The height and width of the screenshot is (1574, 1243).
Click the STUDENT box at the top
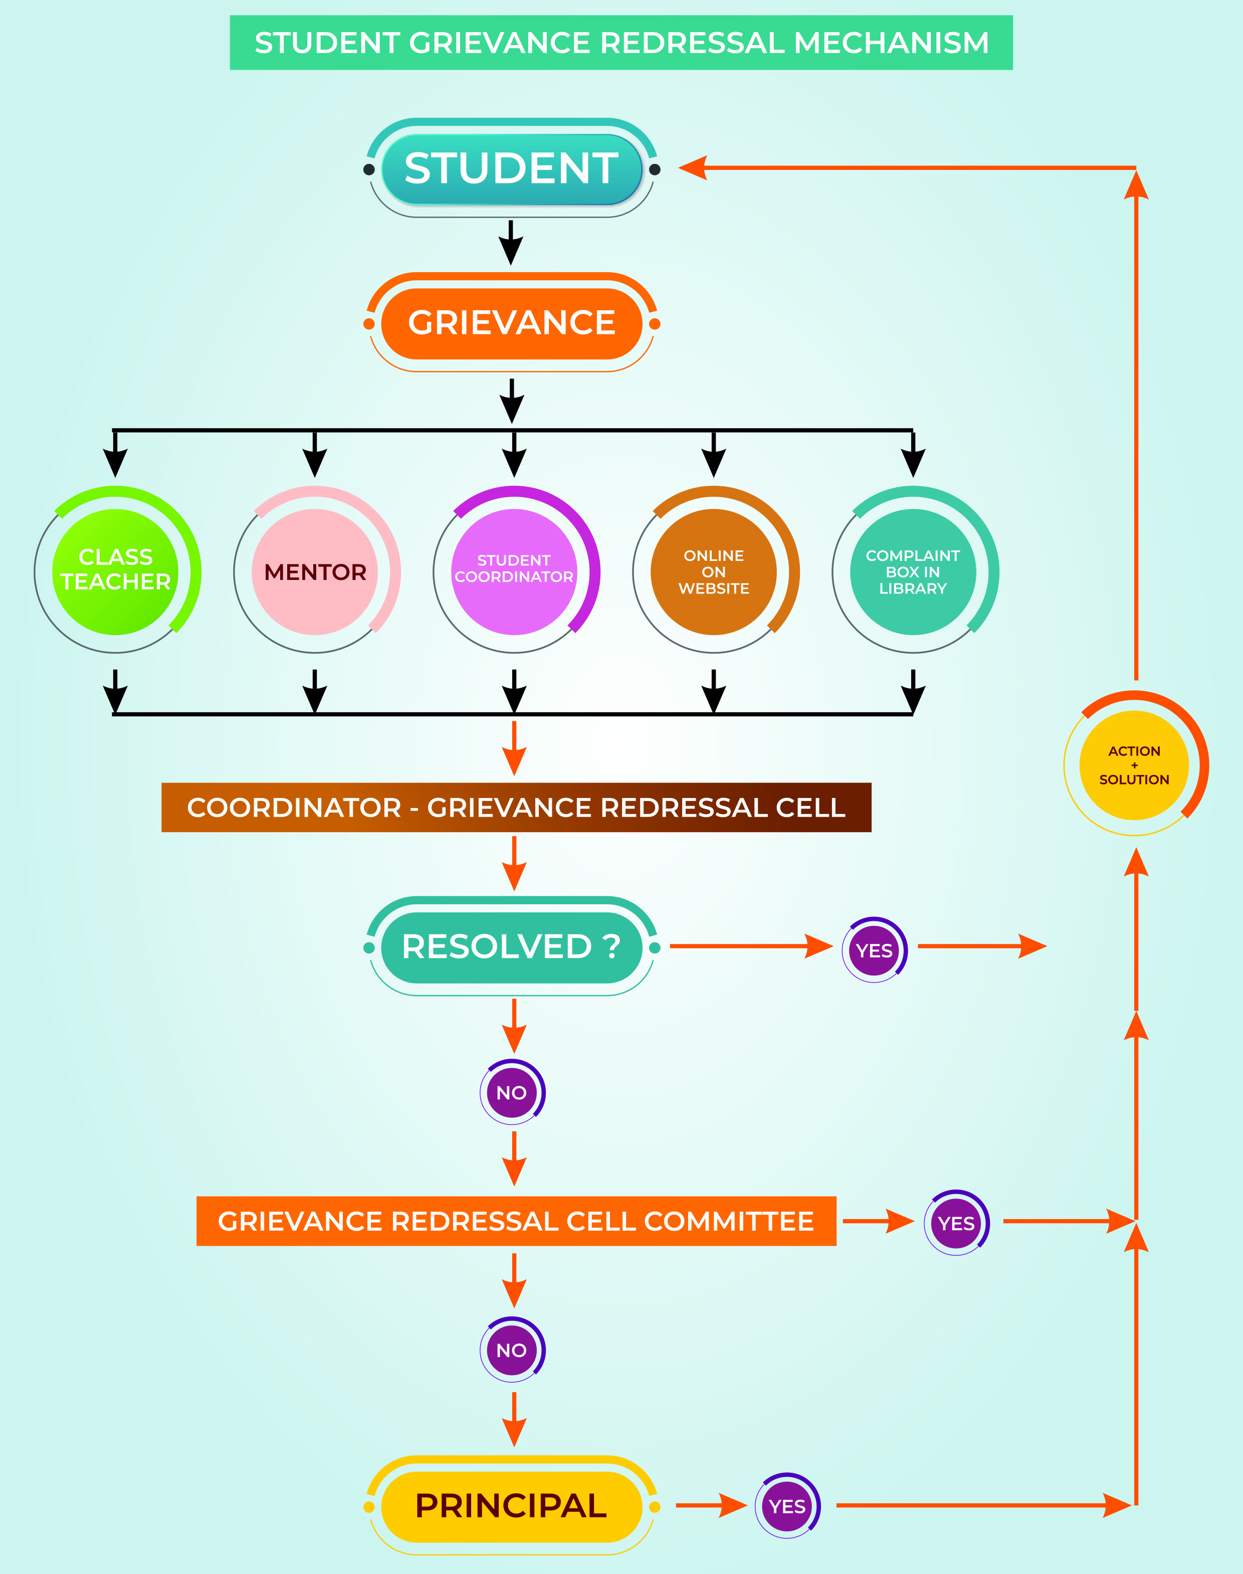coord(512,168)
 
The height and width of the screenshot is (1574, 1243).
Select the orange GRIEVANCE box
coord(512,322)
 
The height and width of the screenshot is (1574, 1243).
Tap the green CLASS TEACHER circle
coord(116,570)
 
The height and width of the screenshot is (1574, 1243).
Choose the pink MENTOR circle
coord(316,570)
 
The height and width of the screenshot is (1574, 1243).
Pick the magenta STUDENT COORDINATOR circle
coord(515,570)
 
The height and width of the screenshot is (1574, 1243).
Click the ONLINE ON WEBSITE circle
coord(714,570)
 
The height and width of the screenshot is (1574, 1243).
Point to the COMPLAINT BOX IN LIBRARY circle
coord(913,570)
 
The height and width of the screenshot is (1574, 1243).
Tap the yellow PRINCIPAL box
coord(512,1506)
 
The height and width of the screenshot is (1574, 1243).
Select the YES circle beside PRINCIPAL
coord(787,1506)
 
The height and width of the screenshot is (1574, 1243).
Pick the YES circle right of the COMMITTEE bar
coord(956,1223)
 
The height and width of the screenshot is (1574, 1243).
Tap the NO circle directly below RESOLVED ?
coord(512,1092)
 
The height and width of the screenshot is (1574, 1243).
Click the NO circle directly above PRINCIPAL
coord(512,1350)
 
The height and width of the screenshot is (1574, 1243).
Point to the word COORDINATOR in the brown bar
coord(294,808)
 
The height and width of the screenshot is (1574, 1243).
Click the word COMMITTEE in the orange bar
coord(729,1221)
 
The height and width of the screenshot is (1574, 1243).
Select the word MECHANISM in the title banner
coord(892,43)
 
